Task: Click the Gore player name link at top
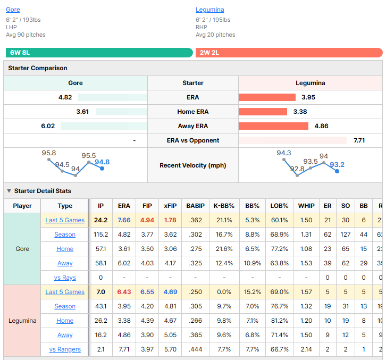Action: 13,10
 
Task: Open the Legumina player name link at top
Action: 209,10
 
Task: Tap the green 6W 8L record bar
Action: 99,53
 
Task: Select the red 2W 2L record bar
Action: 289,53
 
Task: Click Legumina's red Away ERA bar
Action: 273,126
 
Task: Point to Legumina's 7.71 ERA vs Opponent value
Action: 359,140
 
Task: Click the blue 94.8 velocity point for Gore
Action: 102,169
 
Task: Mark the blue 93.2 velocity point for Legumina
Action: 337,171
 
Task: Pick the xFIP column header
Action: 170,206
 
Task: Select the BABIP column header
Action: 196,206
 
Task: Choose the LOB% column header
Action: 280,206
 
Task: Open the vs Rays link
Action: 65,278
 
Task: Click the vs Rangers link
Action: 65,349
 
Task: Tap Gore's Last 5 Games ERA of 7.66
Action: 124,220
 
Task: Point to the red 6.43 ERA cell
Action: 124,292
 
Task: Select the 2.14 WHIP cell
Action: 306,349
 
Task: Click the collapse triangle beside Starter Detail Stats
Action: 9,191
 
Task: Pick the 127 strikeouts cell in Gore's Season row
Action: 346,235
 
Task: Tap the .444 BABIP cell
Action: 196,349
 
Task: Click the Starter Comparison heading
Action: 38,68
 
